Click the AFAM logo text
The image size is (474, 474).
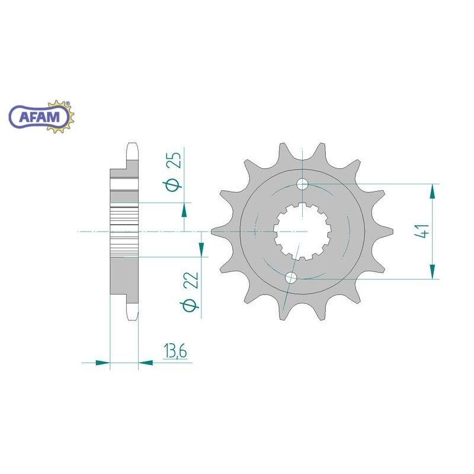39,116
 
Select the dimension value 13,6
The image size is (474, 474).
175,351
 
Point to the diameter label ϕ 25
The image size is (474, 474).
174,172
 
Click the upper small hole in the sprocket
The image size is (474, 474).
302,184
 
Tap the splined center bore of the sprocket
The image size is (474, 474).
302,232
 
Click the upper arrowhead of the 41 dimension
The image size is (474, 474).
433,191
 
